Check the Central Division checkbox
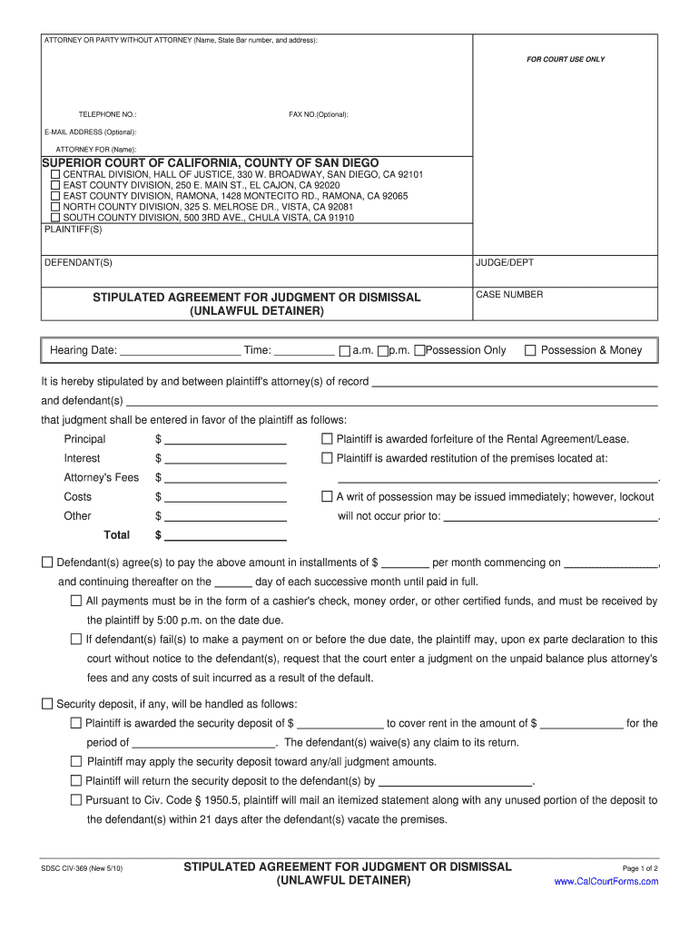tap(55, 174)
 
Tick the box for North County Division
tap(55, 207)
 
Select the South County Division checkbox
tap(55, 218)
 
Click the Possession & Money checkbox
tap(531, 350)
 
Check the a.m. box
tap(344, 351)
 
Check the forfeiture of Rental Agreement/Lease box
tap(328, 439)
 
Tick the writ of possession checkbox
tap(328, 497)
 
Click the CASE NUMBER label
tap(509, 295)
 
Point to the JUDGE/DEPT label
tap(505, 263)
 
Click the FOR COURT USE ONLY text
tap(566, 60)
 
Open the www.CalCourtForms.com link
tap(605, 882)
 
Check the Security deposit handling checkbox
tap(47, 704)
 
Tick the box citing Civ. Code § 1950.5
tap(76, 800)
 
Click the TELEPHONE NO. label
tap(107, 114)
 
